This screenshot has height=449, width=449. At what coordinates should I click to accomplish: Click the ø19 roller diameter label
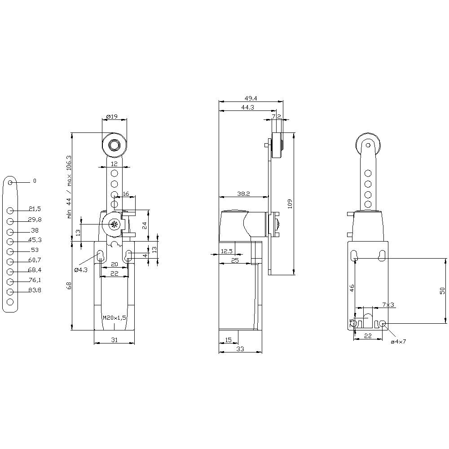(x=112, y=117)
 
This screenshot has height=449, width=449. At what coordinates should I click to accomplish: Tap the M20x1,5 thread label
(x=114, y=317)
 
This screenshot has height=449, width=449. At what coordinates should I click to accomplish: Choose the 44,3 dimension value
(x=248, y=107)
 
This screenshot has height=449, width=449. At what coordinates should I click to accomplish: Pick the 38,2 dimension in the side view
(x=243, y=194)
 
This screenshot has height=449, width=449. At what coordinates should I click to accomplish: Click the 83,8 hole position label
(x=35, y=291)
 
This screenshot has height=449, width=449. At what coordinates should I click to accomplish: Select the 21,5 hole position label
(x=35, y=209)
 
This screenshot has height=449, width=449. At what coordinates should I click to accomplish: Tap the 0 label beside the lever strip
(x=35, y=181)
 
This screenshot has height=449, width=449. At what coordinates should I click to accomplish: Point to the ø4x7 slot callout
(x=398, y=342)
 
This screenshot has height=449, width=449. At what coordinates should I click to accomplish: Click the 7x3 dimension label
(x=388, y=304)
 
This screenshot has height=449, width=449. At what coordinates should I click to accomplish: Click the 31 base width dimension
(x=114, y=340)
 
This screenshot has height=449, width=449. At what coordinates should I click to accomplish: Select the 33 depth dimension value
(x=240, y=349)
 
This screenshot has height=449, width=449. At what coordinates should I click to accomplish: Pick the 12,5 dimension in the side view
(x=227, y=251)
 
